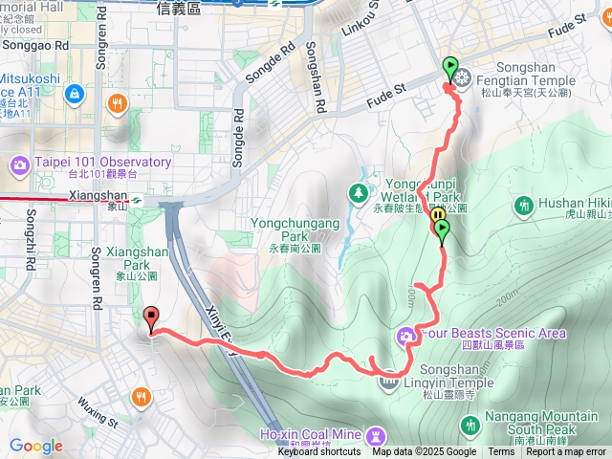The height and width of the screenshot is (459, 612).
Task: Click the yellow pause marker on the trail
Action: tap(438, 215)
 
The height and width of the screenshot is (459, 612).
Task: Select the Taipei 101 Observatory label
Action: tap(104, 162)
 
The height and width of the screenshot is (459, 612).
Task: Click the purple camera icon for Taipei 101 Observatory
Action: tap(20, 167)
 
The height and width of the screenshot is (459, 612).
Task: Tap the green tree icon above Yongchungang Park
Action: tap(359, 193)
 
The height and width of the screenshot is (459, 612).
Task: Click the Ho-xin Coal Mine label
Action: tap(310, 435)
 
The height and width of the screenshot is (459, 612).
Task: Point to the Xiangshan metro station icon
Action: tap(139, 200)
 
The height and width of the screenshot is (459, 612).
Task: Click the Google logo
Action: tap(35, 446)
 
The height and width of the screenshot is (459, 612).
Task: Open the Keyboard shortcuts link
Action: tap(319, 452)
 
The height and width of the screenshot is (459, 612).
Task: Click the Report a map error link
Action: tap(566, 452)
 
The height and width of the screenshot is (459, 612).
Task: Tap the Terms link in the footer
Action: tap(501, 452)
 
